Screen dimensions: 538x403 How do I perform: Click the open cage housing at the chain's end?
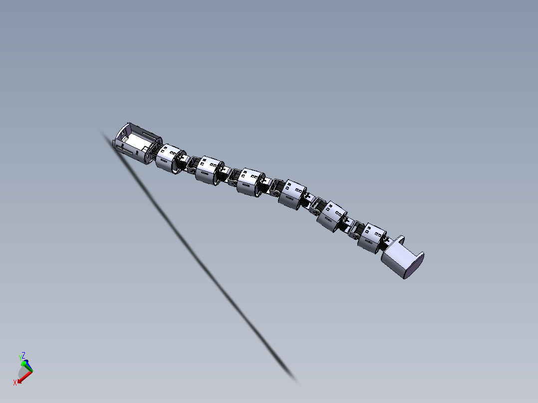pos(137,143)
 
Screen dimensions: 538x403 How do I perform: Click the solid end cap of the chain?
pos(403,257)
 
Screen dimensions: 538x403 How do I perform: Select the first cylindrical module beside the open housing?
pos(170,159)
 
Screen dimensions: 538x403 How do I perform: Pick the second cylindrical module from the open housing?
pos(209,171)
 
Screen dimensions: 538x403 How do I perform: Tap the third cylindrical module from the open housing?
pos(251,183)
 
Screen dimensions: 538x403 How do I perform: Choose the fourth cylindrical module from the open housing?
pos(292,195)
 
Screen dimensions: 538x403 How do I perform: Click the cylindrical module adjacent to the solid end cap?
pos(372,238)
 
